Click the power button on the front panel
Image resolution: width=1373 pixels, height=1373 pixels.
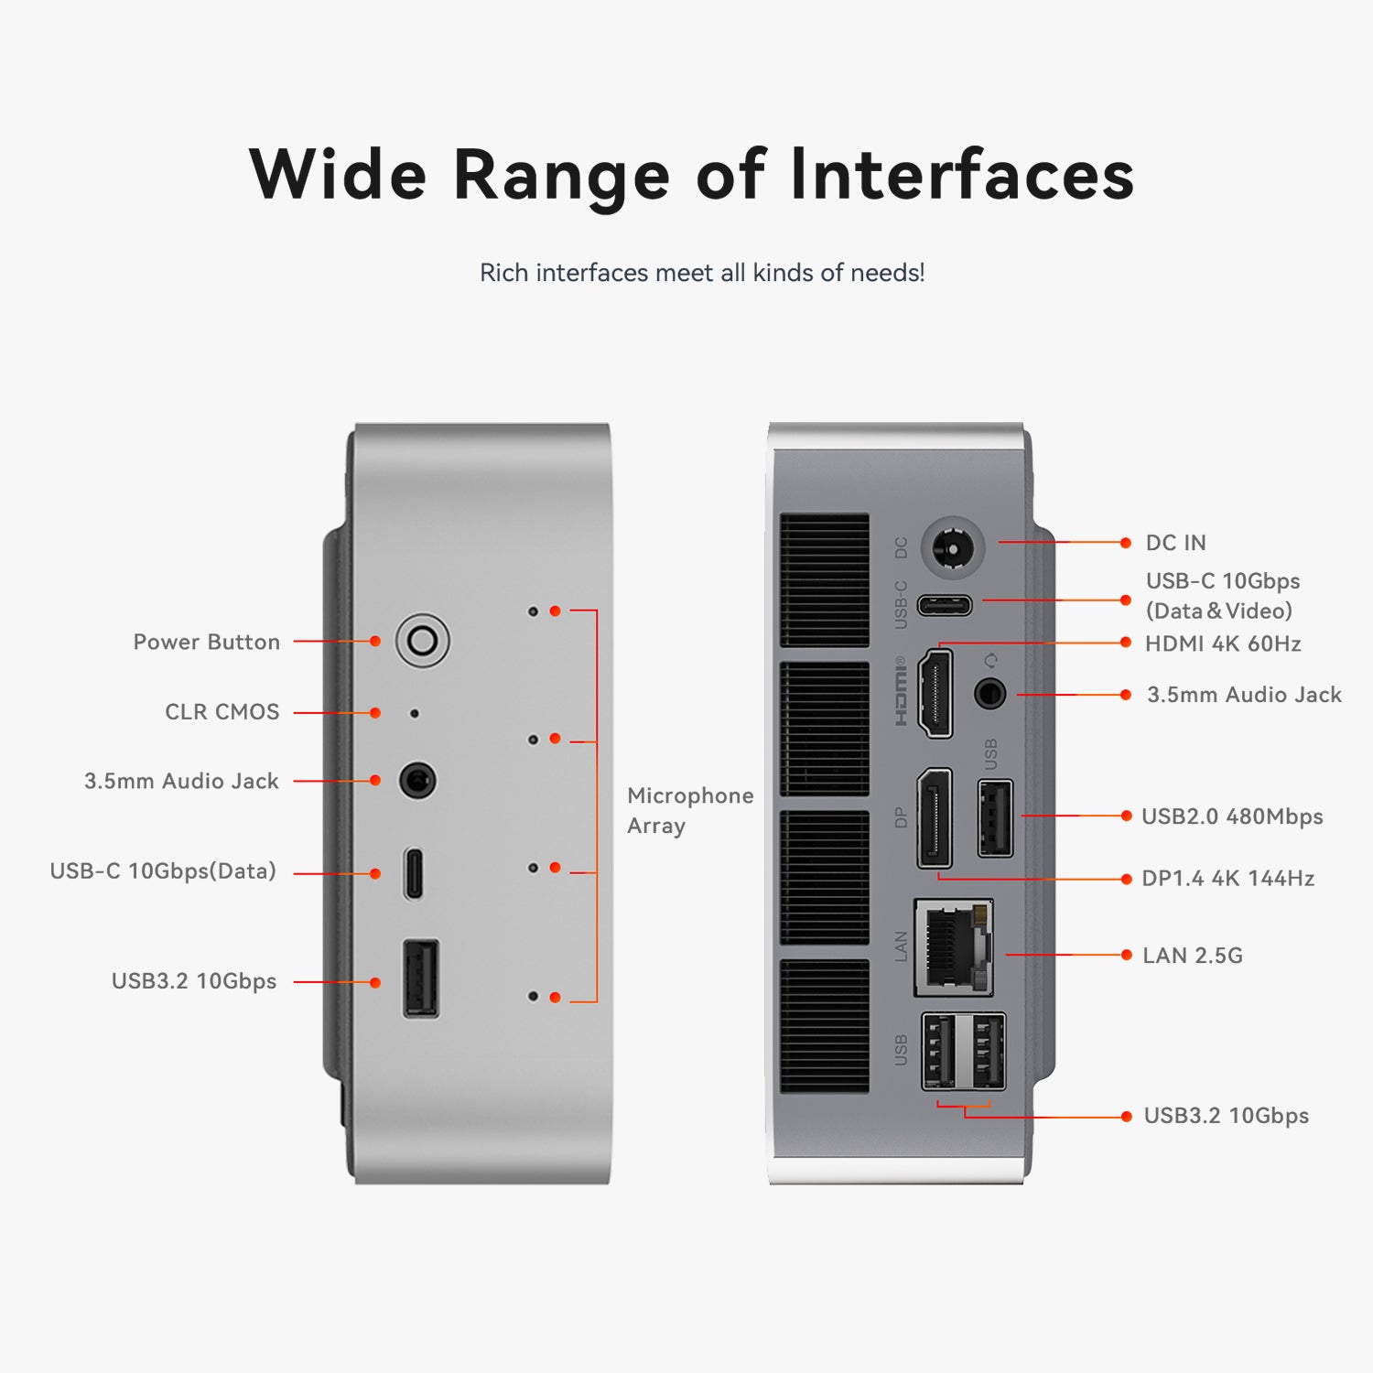pos(422,641)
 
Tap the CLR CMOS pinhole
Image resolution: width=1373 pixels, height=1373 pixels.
pos(415,713)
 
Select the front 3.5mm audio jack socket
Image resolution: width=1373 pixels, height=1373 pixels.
pos(417,781)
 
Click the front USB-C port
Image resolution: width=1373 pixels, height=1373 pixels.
pos(414,873)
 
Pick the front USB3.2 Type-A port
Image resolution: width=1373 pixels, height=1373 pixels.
pos(421,978)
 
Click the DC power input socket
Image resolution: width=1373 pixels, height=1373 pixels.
pos(952,548)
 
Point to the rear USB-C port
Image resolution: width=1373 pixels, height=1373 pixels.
pos(946,605)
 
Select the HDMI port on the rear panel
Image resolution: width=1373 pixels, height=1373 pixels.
pos(935,693)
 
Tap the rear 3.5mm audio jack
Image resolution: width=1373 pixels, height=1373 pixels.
pos(989,693)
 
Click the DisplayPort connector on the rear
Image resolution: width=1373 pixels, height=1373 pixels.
pos(935,818)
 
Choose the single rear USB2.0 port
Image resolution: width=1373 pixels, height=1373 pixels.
pos(996,818)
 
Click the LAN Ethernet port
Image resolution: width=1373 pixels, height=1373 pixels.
pos(954,947)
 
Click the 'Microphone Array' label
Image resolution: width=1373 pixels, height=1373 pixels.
pos(690,810)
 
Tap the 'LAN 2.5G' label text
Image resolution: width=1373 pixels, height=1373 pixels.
pos(1193,956)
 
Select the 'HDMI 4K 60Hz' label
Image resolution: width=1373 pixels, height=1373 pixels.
pos(1223,643)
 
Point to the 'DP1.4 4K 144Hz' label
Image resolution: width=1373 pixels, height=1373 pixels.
pos(1227,879)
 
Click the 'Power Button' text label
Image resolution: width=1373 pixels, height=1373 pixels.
pos(207,642)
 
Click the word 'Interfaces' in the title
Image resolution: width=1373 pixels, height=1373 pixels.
pos(962,174)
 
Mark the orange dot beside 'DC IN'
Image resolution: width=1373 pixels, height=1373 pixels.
pos(1126,543)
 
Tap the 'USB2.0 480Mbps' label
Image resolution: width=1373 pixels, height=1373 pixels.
pos(1232,816)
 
